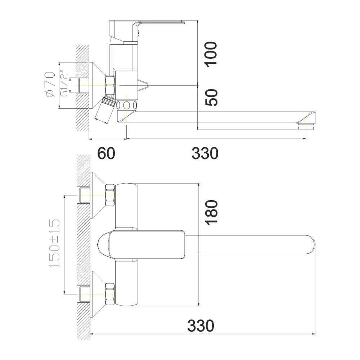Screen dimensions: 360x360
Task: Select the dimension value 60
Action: (106, 153)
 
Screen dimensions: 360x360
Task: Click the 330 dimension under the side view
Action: (205, 153)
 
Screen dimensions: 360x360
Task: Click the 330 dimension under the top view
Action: (201, 325)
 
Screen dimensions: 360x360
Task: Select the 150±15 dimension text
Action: (55, 243)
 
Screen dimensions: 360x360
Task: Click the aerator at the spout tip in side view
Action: (306, 127)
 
